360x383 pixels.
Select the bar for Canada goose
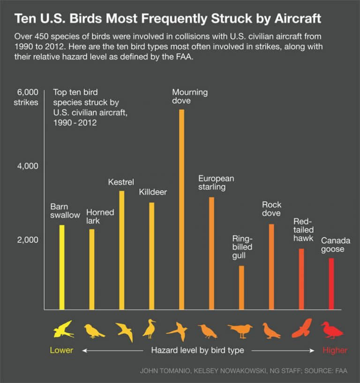click(331, 284)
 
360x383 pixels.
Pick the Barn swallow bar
click(61, 267)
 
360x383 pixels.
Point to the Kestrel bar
click(121, 250)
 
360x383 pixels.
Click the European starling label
click(216, 182)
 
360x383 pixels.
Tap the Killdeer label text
click(152, 192)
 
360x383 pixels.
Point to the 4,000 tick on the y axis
click(28, 166)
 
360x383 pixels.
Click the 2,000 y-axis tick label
click(28, 240)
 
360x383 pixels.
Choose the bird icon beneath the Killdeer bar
click(150, 329)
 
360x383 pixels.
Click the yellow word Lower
click(61, 350)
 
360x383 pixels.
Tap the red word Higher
click(335, 350)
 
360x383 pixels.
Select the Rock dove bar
click(271, 267)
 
